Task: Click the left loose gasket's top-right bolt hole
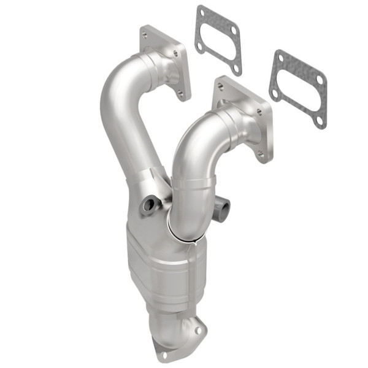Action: click(x=233, y=29)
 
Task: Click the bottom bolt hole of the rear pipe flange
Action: click(x=180, y=94)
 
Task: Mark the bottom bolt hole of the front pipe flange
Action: click(x=261, y=154)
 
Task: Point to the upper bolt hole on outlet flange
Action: click(x=197, y=329)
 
